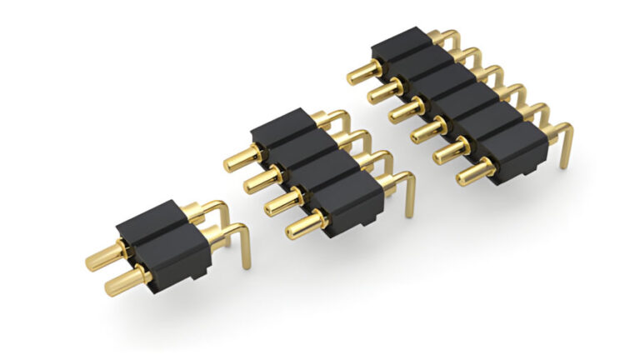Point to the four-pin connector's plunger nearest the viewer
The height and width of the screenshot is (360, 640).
click(x=303, y=221)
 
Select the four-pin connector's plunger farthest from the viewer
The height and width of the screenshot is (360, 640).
click(x=241, y=156)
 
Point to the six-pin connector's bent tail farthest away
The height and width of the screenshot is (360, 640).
click(x=451, y=38)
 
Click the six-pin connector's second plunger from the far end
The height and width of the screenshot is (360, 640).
click(x=385, y=91)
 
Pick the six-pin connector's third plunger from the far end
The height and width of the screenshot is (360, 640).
click(x=407, y=111)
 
